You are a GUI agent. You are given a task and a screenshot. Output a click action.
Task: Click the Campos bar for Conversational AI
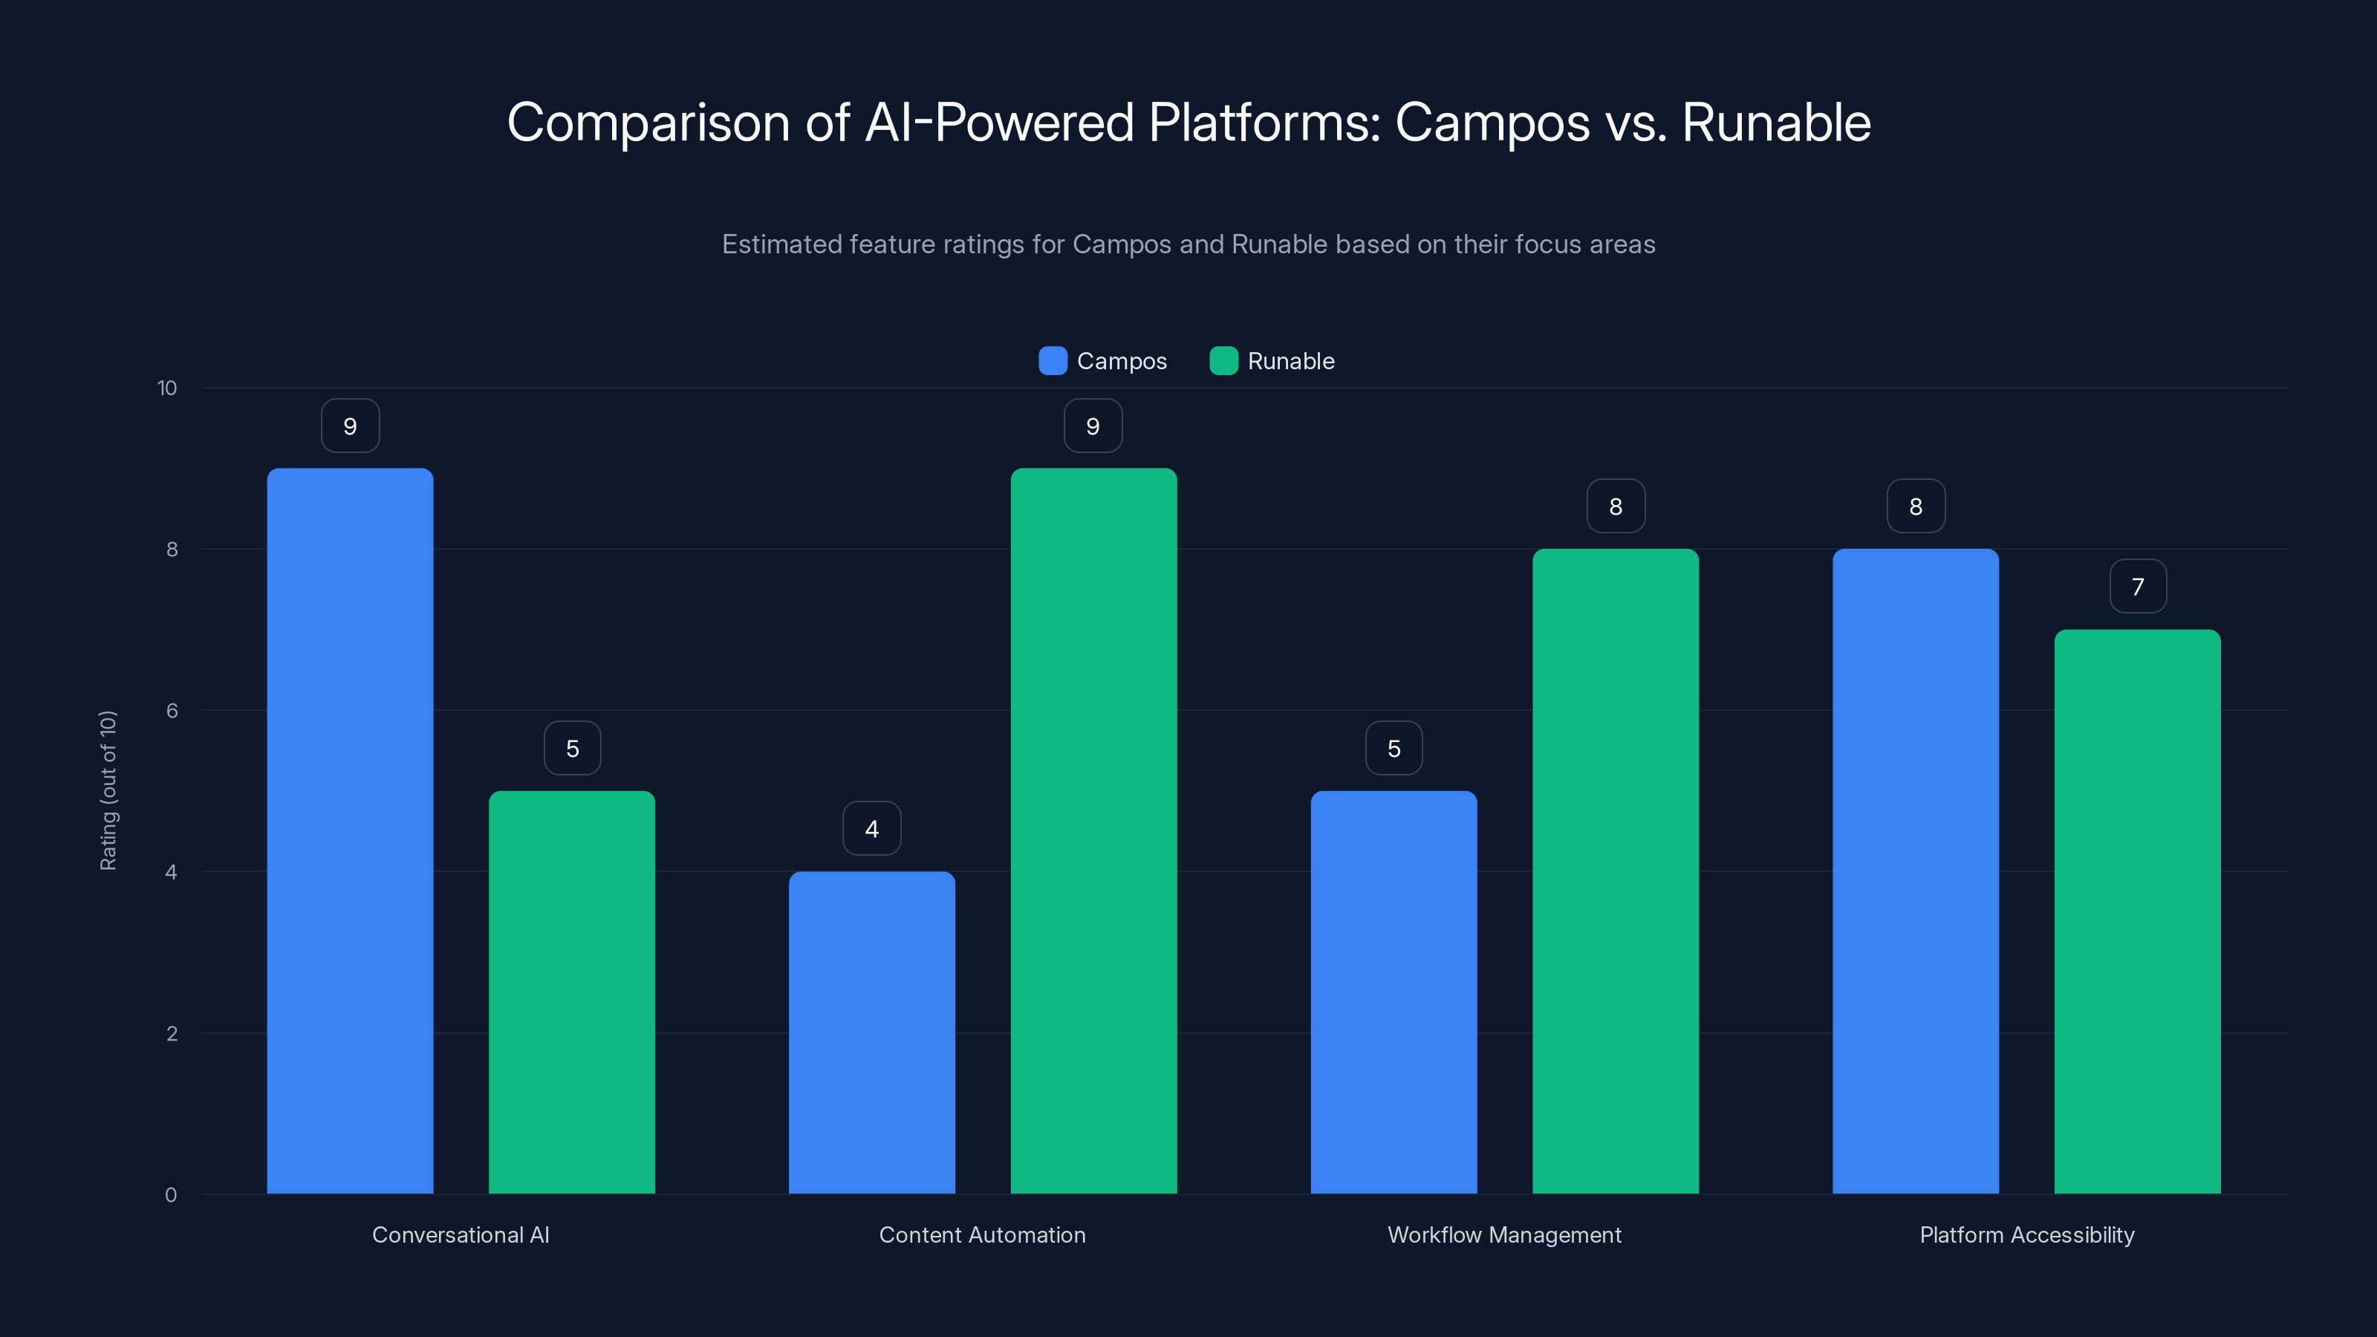(x=350, y=830)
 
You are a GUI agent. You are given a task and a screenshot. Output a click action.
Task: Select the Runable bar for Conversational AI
(x=571, y=992)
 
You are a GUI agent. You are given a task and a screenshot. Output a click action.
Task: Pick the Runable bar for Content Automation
(x=1093, y=830)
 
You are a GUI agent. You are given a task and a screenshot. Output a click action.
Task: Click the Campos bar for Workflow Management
(x=1394, y=992)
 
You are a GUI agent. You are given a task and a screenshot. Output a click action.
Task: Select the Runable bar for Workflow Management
(x=1615, y=871)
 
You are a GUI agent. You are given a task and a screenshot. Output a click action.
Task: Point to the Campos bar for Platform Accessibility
(x=1915, y=871)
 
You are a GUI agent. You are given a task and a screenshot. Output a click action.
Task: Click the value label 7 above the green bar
(x=2137, y=587)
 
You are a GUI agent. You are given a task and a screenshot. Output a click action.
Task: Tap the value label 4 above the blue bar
(x=871, y=829)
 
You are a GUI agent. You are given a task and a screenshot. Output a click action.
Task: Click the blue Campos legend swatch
(x=1053, y=361)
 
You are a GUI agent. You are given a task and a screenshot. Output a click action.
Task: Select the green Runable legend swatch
(x=1223, y=361)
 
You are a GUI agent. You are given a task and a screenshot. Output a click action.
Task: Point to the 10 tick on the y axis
(x=167, y=388)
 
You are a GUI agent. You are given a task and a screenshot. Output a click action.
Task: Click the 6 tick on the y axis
(x=172, y=711)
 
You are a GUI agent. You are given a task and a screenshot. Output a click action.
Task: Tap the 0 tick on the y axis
(x=171, y=1195)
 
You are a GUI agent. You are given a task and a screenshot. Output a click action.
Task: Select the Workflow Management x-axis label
(x=1504, y=1234)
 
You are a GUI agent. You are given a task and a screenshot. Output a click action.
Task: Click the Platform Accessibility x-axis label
(x=2026, y=1234)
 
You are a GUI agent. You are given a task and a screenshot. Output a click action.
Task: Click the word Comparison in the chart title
(x=648, y=123)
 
